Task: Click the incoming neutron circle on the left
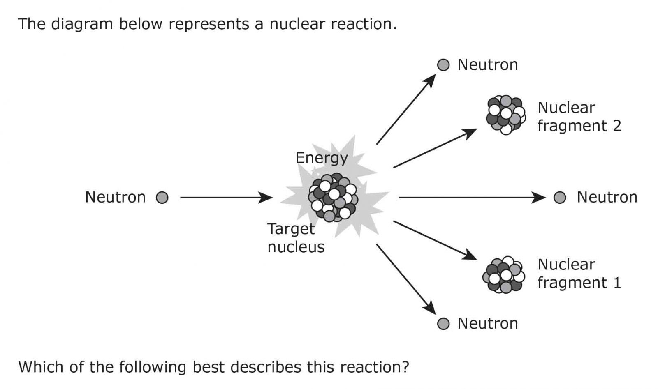162,198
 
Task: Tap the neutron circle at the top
443,65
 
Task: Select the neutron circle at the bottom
443,324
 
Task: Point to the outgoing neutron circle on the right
560,198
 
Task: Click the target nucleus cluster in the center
333,198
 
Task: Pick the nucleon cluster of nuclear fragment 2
505,115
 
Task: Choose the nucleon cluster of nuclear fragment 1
504,275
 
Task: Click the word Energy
322,158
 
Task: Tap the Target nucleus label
296,238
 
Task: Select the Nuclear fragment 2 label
579,117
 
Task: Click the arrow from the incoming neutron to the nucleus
226,198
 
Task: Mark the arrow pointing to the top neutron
405,110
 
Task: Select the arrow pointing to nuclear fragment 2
435,148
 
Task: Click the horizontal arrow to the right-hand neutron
472,198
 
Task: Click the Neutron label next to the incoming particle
116,198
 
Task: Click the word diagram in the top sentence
81,24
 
